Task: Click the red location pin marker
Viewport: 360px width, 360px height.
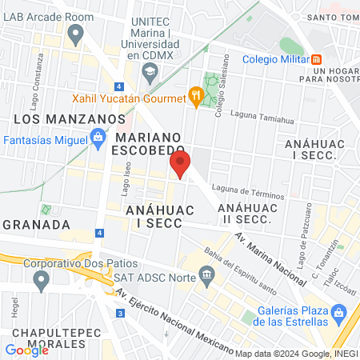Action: point(179,164)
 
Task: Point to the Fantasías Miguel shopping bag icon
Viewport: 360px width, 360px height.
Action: point(98,139)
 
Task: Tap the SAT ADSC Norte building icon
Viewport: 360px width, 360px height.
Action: point(207,277)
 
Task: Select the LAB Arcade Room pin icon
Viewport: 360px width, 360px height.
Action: point(76,34)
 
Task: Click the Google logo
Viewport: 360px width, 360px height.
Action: point(27,349)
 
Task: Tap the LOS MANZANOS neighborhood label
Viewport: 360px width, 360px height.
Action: point(65,118)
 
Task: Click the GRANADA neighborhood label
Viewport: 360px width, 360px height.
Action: point(29,222)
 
